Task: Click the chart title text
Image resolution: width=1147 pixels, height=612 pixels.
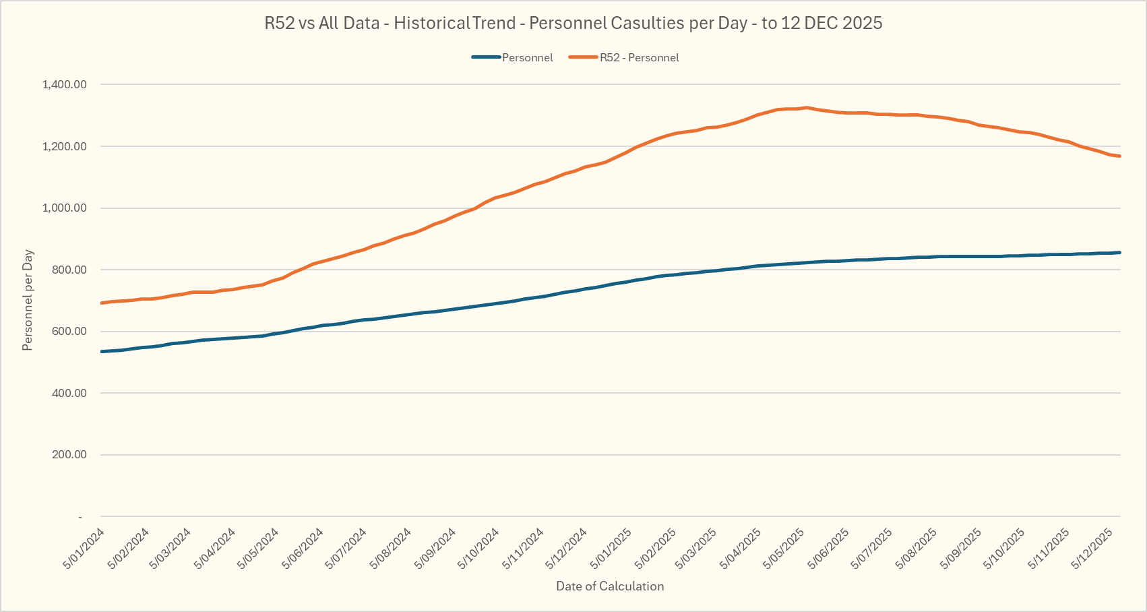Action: (x=573, y=23)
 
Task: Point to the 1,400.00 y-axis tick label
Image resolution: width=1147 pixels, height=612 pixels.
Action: (x=65, y=84)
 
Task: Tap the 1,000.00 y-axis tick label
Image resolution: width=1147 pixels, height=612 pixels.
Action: (x=65, y=208)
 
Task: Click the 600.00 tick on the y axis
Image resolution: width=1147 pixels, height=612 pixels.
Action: (x=68, y=331)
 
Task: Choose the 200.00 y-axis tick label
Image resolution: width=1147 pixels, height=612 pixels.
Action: (x=68, y=454)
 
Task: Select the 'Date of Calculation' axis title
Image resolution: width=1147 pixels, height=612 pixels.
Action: (x=610, y=586)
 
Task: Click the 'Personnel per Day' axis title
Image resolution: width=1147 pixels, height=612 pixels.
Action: (x=28, y=300)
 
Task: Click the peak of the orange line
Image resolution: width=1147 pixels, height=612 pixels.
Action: (x=807, y=107)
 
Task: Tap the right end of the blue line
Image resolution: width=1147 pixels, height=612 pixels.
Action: (x=1120, y=253)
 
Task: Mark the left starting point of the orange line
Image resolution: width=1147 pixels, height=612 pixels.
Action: (x=101, y=303)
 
